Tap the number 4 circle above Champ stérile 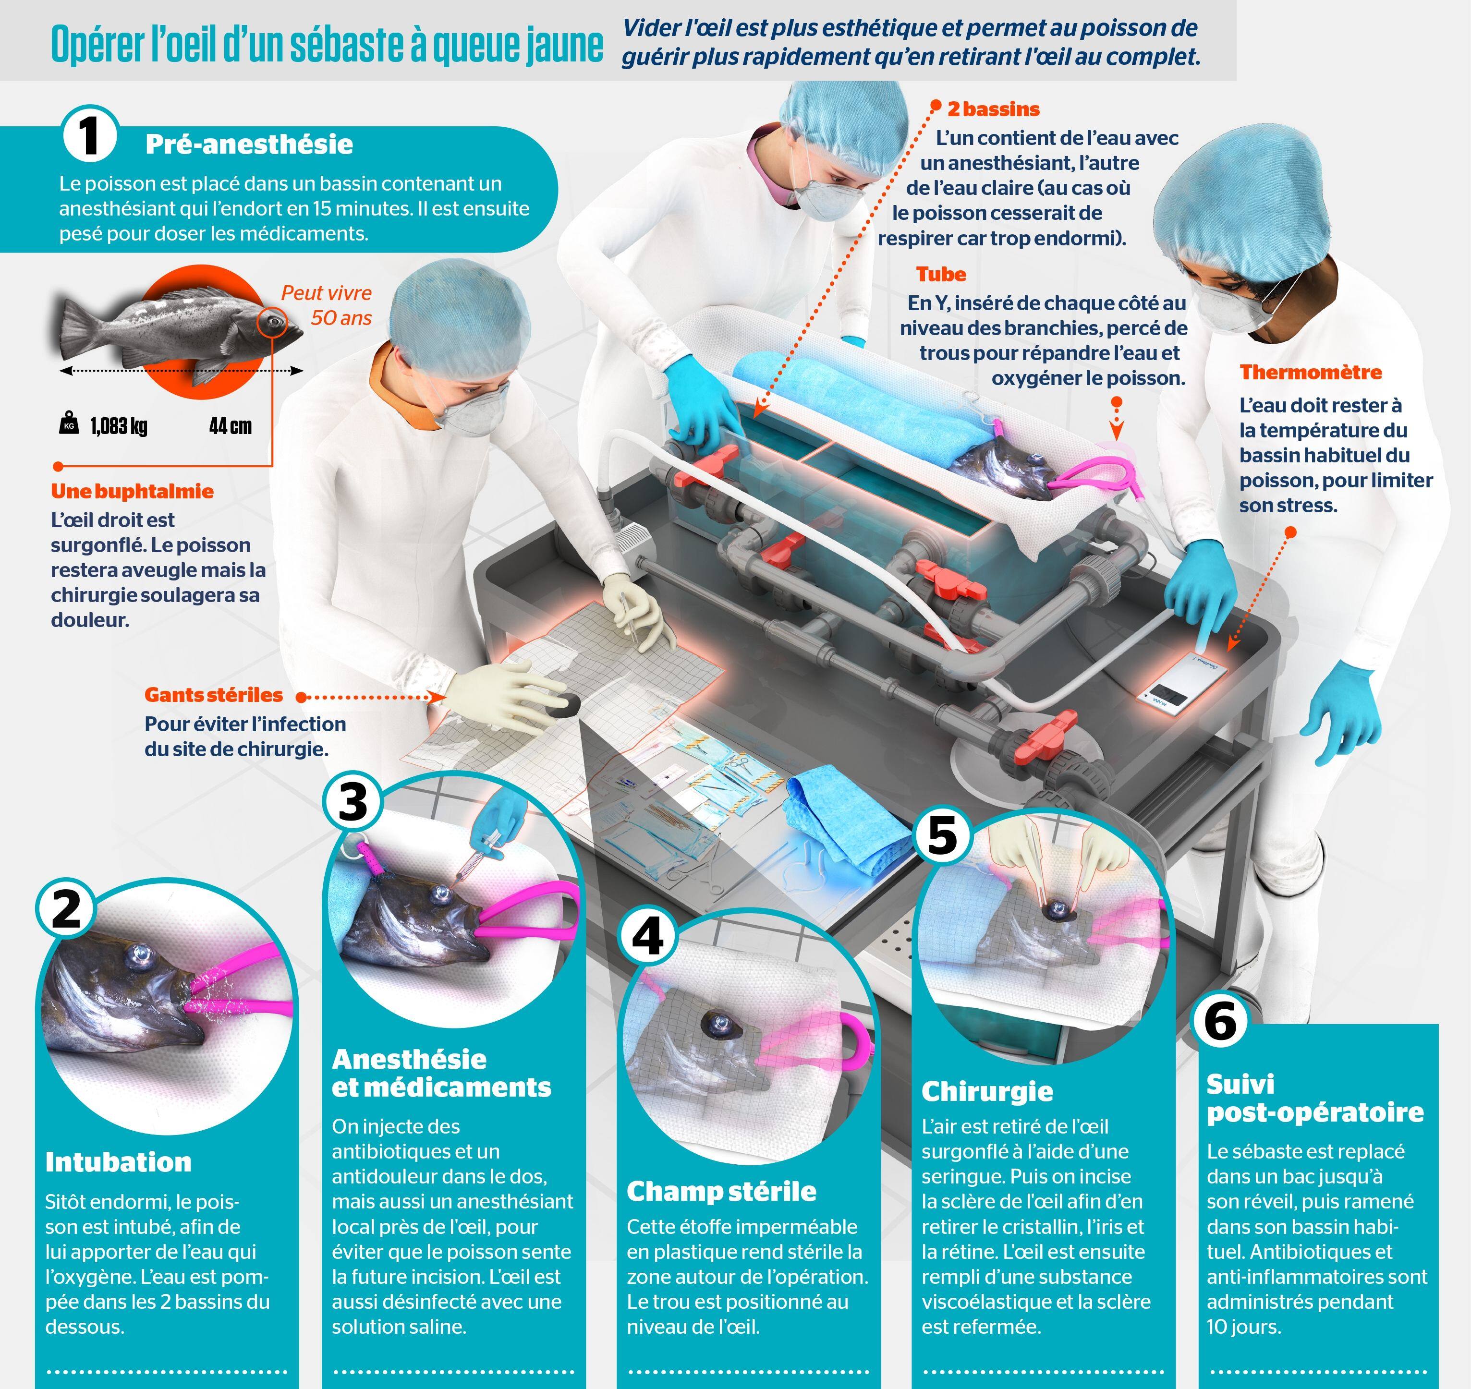(649, 937)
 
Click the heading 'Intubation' (118, 1162)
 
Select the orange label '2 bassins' (993, 109)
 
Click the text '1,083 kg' (119, 426)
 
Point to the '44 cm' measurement (231, 426)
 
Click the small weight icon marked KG (69, 423)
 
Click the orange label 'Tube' (941, 274)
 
